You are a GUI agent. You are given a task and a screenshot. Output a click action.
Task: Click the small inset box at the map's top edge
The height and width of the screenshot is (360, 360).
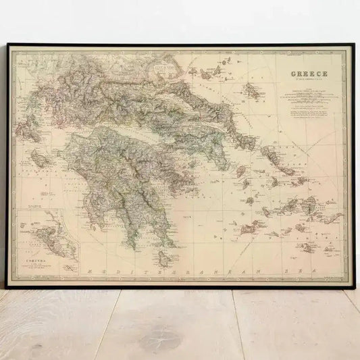click(x=163, y=68)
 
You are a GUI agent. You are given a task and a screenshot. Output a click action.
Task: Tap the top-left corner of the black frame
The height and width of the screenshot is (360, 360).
click(x=7, y=45)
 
